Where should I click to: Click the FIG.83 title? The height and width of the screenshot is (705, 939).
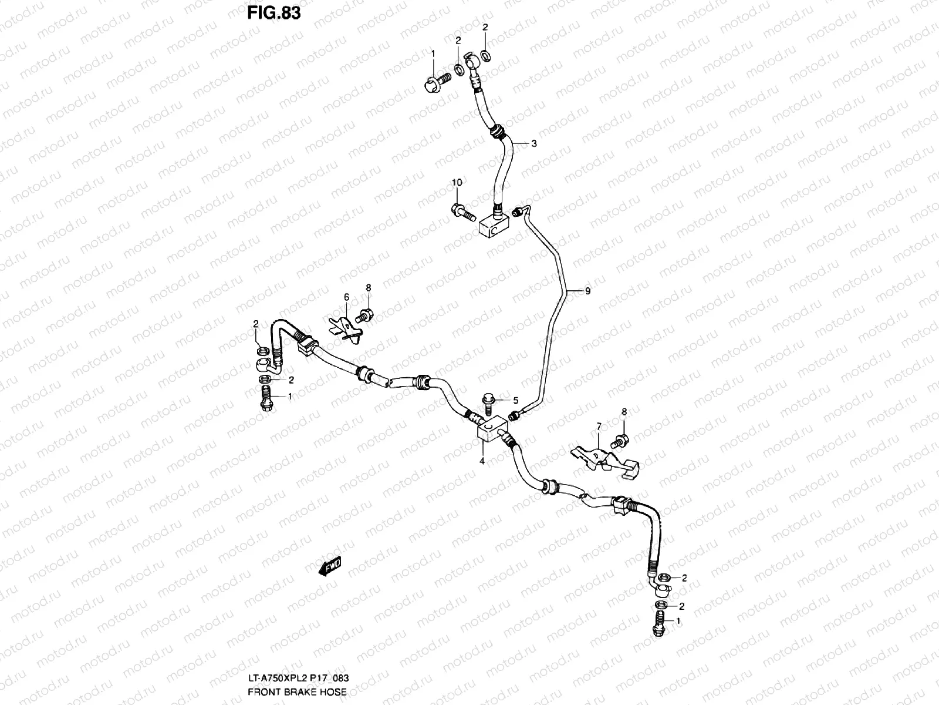coord(274,12)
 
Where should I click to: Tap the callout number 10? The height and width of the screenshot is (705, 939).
coord(457,183)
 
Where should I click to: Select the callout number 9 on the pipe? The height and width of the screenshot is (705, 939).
coord(587,291)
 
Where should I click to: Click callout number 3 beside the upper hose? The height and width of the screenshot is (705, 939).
coord(533,143)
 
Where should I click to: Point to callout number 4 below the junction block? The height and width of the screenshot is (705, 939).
coord(482,461)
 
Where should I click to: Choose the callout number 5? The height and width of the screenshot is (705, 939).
coord(515,401)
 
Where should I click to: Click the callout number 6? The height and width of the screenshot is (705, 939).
coord(346,297)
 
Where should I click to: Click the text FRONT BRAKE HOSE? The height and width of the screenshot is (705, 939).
coord(297,692)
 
